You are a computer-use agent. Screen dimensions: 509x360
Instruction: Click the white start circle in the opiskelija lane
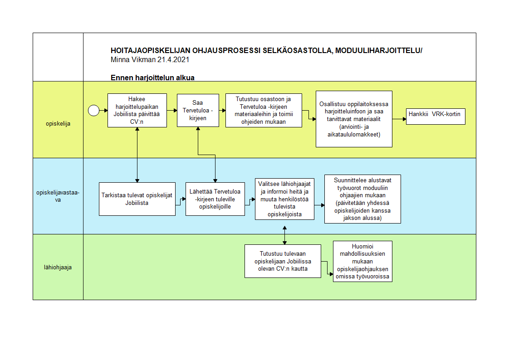coord(94,111)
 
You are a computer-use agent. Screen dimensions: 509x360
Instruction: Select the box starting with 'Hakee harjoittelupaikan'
coord(137,111)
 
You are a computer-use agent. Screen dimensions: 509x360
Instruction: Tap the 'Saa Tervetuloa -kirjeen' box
coord(198,111)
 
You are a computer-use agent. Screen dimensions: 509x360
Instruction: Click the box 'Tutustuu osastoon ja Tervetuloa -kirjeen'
coord(264,111)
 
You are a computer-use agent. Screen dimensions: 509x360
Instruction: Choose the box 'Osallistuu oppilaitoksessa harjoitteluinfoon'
coord(354,119)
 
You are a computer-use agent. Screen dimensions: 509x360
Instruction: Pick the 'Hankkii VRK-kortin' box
coord(436,117)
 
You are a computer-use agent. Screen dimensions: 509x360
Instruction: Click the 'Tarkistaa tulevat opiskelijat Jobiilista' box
coord(137,199)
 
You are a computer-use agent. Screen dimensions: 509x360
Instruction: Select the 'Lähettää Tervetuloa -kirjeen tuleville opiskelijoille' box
coord(215,199)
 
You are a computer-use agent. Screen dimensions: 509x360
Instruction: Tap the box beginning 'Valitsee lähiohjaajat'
coord(285,199)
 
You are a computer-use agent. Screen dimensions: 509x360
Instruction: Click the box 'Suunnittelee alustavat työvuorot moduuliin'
coord(362,199)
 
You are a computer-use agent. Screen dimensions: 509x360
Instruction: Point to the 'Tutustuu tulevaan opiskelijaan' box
coord(283,261)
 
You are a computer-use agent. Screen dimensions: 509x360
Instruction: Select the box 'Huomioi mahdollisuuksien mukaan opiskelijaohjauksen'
coord(362,262)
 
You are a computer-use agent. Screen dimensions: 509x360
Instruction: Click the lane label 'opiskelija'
coord(58,124)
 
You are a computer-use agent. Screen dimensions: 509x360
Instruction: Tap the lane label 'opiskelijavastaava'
coord(58,196)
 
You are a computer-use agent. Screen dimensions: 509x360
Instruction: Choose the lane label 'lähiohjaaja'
coord(58,267)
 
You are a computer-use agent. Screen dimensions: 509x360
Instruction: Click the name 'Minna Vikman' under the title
coord(133,60)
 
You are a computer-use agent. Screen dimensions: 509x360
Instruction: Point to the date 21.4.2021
coord(173,60)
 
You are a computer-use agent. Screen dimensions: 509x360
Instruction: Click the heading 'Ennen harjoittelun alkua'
coord(152,78)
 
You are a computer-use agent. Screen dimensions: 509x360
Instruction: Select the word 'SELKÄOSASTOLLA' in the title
coord(298,51)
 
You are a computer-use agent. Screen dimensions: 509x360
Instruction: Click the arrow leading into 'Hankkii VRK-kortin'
coord(399,119)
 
